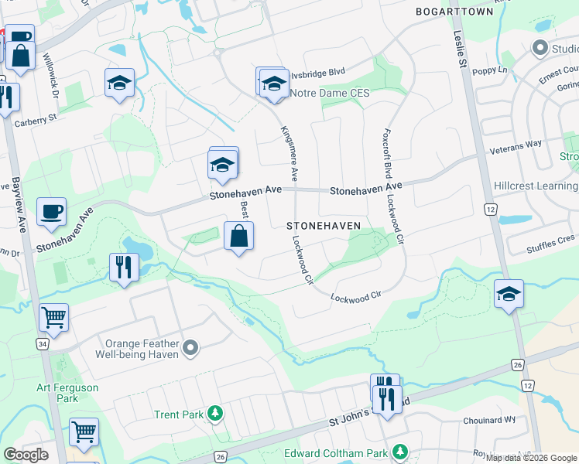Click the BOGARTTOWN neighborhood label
click(454, 12)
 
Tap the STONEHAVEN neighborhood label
click(324, 226)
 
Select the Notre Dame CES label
click(330, 94)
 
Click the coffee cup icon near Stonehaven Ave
click(51, 211)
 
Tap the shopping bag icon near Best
click(239, 236)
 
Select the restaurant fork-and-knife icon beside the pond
click(124, 267)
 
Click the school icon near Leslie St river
click(509, 294)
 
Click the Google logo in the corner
click(26, 455)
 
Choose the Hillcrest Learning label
click(535, 186)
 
